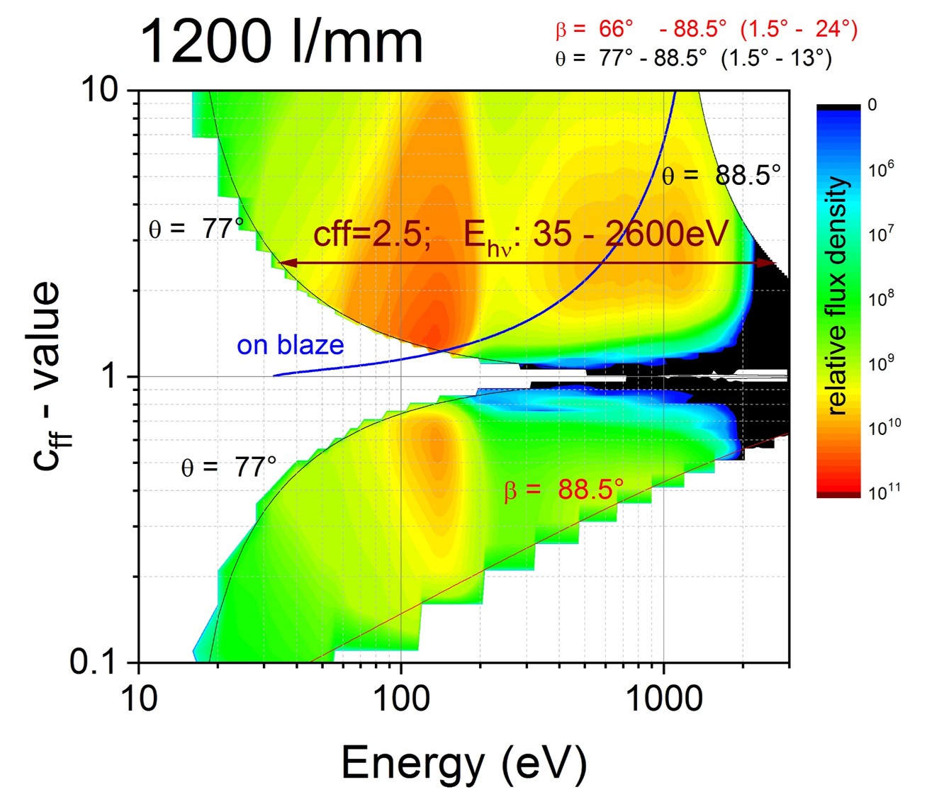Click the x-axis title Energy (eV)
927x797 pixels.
click(x=464, y=764)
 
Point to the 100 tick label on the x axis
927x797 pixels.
click(x=400, y=700)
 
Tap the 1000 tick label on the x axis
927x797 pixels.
click(x=663, y=700)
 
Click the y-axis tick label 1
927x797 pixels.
click(x=109, y=376)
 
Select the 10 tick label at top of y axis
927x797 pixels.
click(x=105, y=90)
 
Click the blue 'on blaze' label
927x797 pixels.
click(x=291, y=345)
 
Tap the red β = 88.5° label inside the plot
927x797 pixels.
click(x=563, y=490)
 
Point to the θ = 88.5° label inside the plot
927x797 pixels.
click(x=721, y=175)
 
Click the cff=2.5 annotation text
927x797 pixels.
click(x=373, y=234)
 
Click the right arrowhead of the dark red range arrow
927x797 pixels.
click(x=768, y=263)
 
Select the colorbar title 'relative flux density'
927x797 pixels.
click(x=838, y=296)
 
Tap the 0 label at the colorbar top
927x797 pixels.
click(x=872, y=105)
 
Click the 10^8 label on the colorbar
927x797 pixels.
click(x=882, y=298)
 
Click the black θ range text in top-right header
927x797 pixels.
click(x=693, y=58)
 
